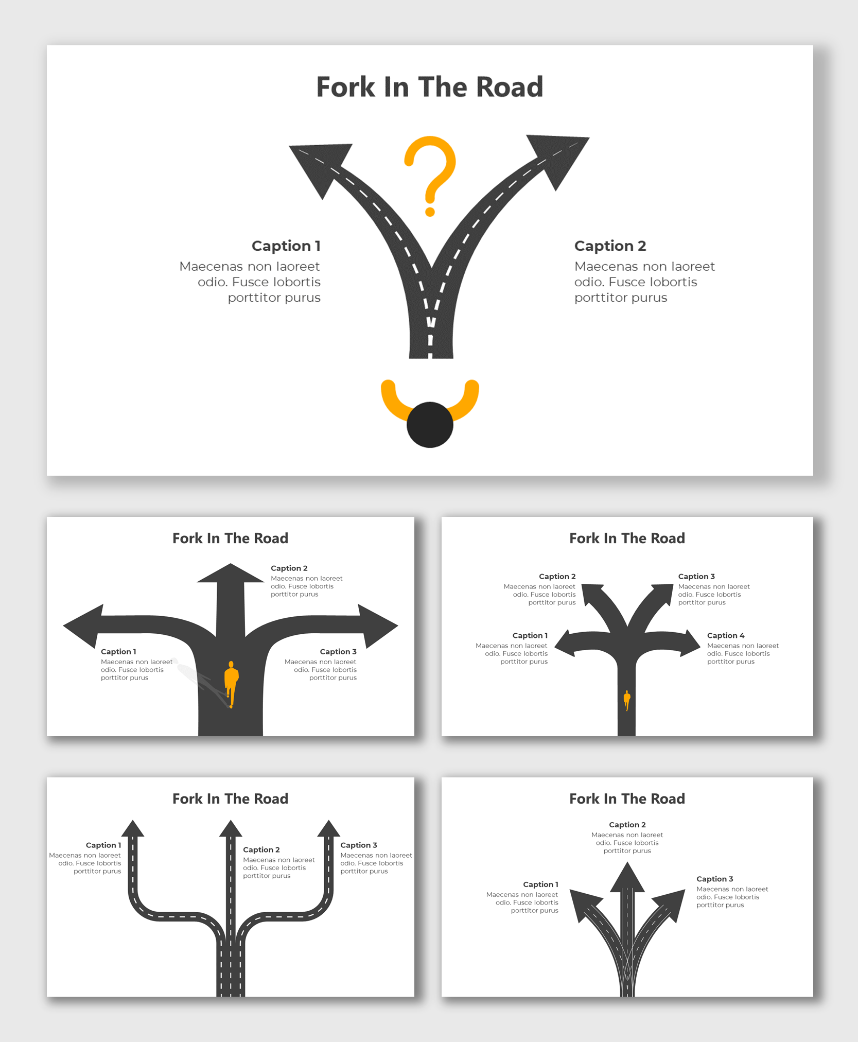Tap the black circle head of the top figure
[430, 425]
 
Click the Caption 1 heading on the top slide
[286, 246]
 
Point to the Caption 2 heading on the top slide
[610, 246]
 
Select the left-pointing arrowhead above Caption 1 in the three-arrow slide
[85, 626]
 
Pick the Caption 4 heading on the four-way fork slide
[725, 635]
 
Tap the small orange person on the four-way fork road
[626, 700]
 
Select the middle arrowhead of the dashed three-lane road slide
[231, 830]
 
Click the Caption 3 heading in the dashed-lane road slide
[358, 845]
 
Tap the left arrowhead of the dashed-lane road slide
[133, 829]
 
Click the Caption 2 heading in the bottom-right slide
[627, 824]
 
